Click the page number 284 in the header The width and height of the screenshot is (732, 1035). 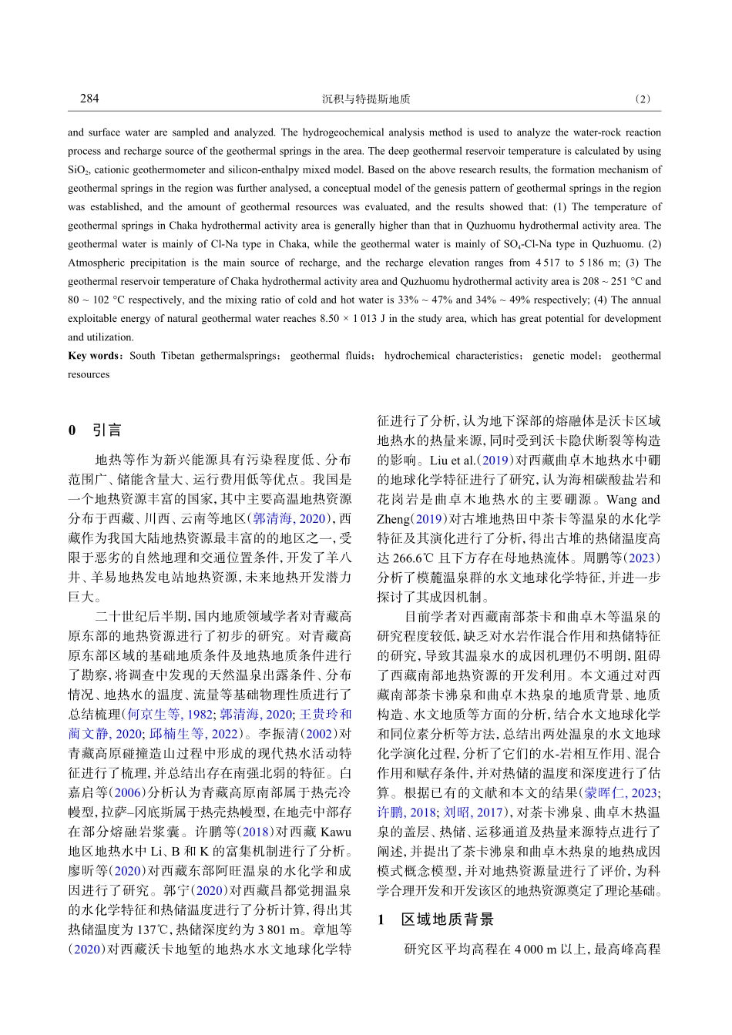click(x=89, y=99)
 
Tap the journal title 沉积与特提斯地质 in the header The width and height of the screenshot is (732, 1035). click(x=366, y=99)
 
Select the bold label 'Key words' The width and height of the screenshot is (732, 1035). click(x=92, y=356)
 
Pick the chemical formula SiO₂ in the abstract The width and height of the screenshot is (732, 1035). click(x=79, y=170)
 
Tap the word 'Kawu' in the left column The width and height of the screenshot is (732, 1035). click(x=335, y=832)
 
